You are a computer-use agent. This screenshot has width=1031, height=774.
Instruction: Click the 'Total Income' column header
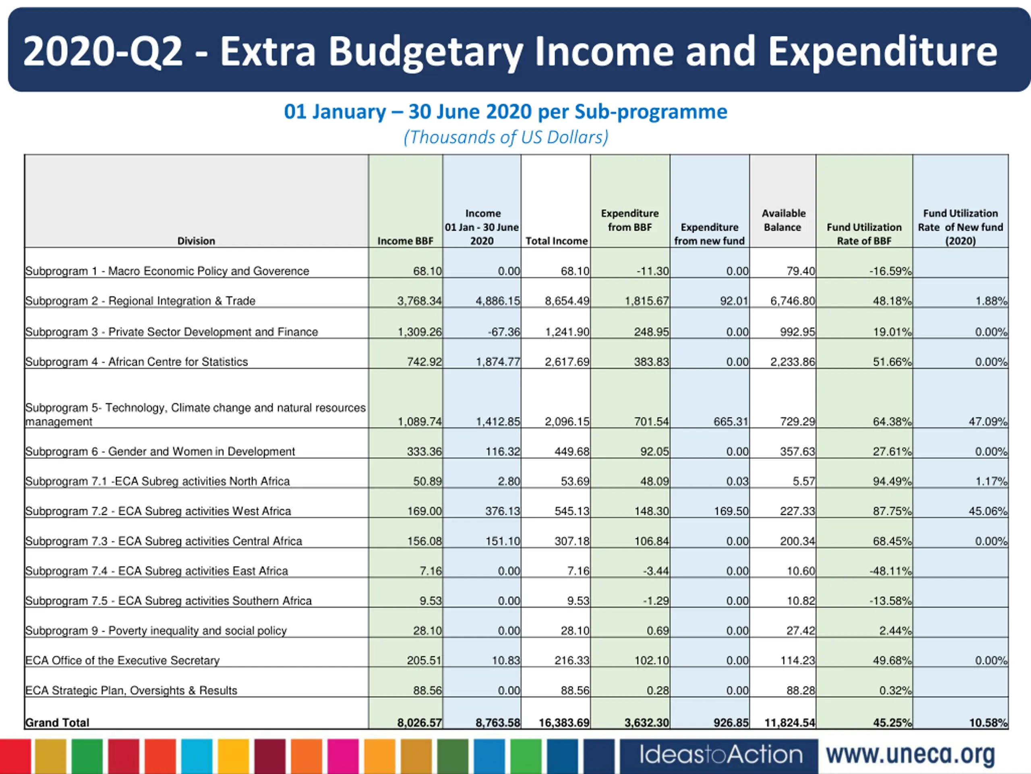click(557, 241)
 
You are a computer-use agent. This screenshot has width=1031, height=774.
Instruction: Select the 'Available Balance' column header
click(783, 220)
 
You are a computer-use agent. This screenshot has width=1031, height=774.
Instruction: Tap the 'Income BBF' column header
click(405, 241)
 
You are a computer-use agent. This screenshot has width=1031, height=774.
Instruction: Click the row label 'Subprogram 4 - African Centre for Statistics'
click(137, 362)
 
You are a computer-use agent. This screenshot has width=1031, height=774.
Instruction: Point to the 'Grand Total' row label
click(57, 722)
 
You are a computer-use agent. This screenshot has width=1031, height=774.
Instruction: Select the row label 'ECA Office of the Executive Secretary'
click(122, 660)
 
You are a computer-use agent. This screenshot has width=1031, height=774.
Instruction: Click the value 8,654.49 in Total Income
click(567, 301)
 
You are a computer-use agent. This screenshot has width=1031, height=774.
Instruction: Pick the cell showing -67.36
click(503, 332)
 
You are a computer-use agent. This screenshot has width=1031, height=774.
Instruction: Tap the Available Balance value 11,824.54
click(790, 723)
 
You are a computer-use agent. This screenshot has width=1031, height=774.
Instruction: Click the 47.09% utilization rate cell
click(987, 422)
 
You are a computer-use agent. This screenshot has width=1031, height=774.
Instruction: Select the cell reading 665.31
click(731, 422)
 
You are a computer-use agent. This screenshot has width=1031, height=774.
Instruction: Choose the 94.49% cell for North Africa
click(892, 481)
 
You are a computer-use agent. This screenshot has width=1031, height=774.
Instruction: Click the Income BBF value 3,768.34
click(419, 301)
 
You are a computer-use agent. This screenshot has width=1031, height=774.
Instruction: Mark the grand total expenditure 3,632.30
click(646, 723)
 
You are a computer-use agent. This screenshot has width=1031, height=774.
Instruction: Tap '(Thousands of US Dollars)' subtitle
click(506, 137)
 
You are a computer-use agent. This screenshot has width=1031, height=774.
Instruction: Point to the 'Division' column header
click(196, 241)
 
